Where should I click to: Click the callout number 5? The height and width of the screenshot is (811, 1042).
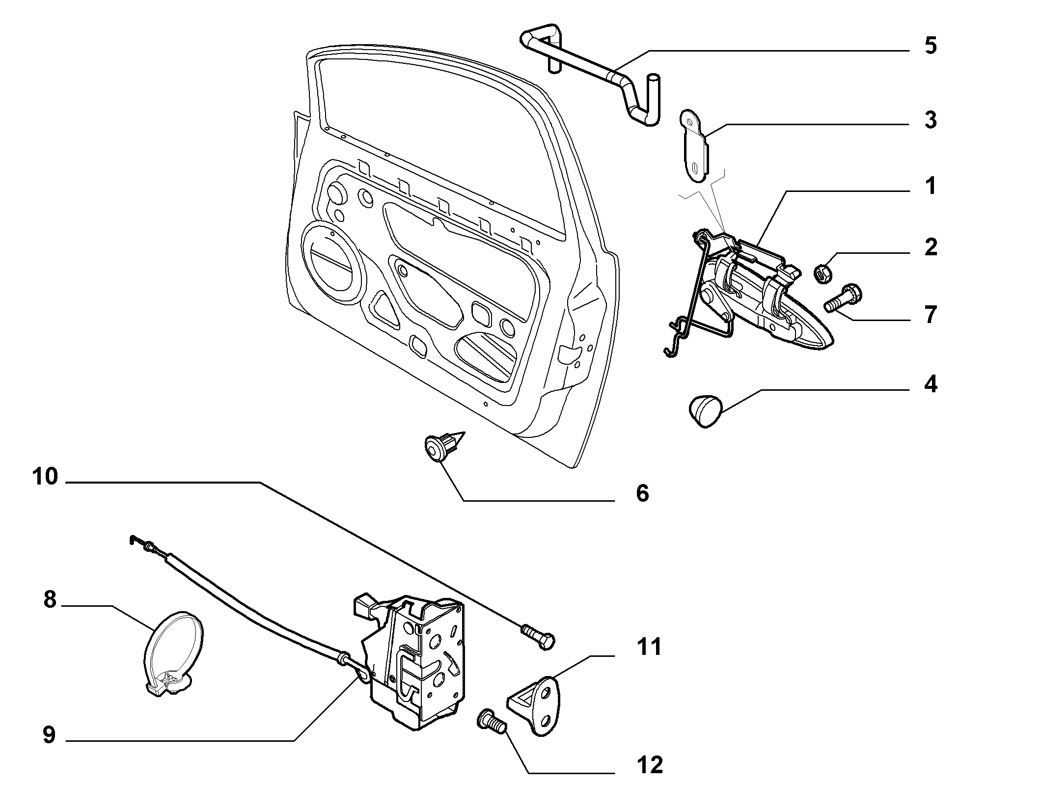point(930,46)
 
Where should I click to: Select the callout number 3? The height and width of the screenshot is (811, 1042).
point(930,120)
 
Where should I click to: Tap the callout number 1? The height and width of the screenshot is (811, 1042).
point(930,187)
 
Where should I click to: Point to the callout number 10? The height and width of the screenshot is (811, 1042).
point(45,477)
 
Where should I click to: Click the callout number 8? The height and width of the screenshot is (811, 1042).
point(50,600)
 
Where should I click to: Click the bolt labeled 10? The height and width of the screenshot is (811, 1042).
point(538,637)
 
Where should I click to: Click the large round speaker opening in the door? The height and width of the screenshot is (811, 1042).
point(334,262)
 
